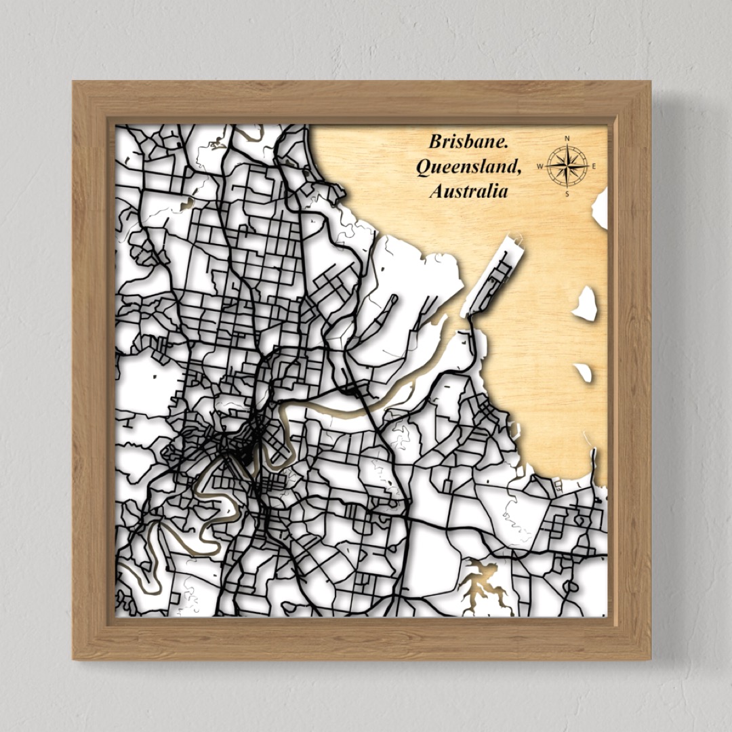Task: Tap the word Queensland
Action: [x=468, y=167]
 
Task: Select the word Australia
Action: [x=468, y=191]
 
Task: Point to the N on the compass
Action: [x=567, y=139]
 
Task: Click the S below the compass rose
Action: [x=567, y=194]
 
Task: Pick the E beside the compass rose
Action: [x=594, y=166]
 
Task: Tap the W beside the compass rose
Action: [x=540, y=166]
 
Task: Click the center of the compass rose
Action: [x=567, y=166]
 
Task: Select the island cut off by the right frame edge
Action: [x=600, y=209]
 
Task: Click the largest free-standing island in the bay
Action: [x=586, y=303]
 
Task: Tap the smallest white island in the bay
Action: [x=583, y=372]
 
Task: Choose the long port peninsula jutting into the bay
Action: [x=495, y=274]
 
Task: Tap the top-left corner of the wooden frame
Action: [x=74, y=83]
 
